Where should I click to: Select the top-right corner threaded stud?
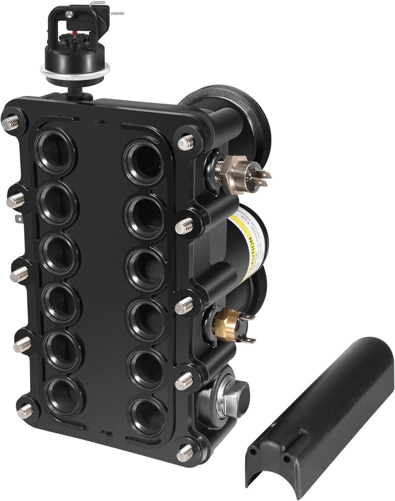[x=186, y=143]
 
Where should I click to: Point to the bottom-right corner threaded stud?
[x=185, y=453]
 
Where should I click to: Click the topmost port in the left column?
[x=55, y=150]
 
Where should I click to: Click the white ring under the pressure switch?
[x=75, y=75]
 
